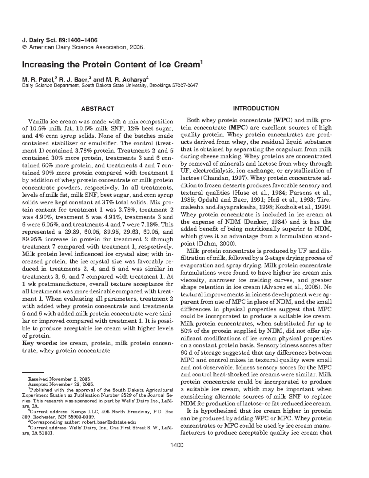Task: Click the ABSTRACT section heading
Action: click(x=97, y=109)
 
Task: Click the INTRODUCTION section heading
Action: click(x=256, y=108)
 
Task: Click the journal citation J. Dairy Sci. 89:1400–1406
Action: click(x=60, y=40)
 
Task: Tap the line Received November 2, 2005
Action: click(x=61, y=379)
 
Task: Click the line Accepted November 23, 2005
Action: click(x=61, y=384)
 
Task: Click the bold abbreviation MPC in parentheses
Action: click(x=237, y=127)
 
